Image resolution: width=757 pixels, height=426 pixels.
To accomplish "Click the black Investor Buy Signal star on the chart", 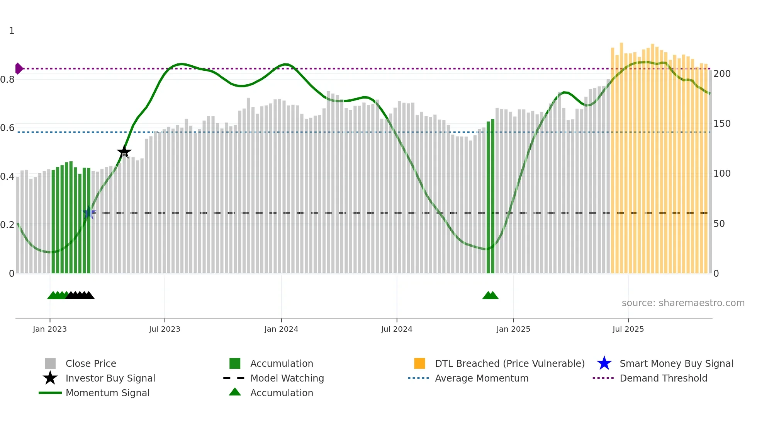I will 124,152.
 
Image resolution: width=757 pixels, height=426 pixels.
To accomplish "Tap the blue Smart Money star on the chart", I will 89,212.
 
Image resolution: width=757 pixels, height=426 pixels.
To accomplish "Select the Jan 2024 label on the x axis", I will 281,329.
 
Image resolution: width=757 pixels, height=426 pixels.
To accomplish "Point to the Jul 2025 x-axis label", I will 628,329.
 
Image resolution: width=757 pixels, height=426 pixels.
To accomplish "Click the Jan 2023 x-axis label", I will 50,329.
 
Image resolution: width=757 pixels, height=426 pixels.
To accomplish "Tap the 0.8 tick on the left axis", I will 8,80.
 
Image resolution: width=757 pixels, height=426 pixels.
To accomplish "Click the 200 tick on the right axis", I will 722,74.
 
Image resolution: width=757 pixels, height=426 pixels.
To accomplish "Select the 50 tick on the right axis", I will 719,224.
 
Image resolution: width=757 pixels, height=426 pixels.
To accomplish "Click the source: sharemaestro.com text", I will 683,303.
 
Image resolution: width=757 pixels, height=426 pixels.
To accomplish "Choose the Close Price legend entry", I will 91,363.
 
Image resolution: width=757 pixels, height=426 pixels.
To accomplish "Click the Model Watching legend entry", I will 287,378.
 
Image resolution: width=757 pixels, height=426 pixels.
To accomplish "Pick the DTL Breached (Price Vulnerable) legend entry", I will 509,363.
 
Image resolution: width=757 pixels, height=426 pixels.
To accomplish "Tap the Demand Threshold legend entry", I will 663,378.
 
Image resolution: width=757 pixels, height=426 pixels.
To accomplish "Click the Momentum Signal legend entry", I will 107,393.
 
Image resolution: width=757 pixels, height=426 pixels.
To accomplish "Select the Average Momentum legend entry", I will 481,378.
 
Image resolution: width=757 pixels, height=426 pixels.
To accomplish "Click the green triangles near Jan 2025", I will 491,296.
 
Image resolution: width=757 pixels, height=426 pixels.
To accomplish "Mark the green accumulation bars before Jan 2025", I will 491,197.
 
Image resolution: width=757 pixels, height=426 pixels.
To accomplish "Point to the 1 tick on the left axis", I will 12,31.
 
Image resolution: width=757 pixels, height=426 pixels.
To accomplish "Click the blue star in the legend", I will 604,363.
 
